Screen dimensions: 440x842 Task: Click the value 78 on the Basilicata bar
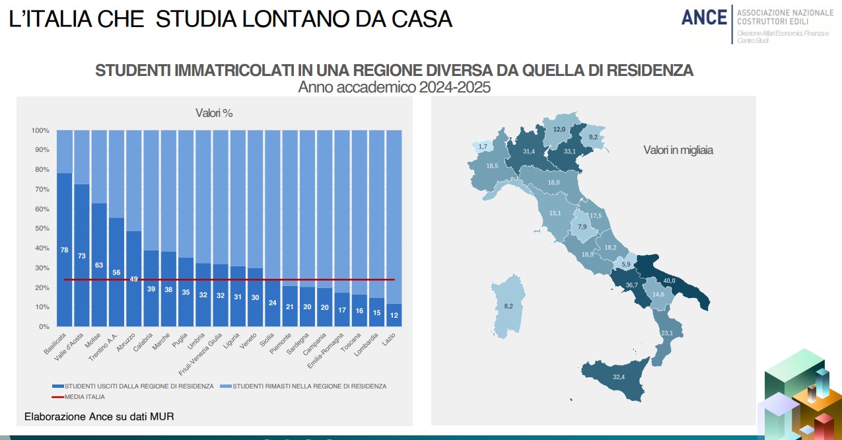pos(65,250)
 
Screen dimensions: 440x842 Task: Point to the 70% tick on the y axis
pos(40,189)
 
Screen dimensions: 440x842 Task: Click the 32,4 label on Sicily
pos(619,377)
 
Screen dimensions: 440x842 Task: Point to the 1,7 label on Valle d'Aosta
pos(483,146)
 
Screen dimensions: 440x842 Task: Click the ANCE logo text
pos(703,18)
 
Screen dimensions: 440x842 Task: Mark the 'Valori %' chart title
pos(214,113)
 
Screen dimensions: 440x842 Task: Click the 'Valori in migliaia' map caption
pos(678,151)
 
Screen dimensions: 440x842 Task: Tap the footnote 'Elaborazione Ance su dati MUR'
pos(99,417)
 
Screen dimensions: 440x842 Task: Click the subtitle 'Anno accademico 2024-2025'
pos(394,87)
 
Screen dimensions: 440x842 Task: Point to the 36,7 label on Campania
pos(632,285)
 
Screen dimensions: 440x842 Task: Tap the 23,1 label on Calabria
pos(667,333)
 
